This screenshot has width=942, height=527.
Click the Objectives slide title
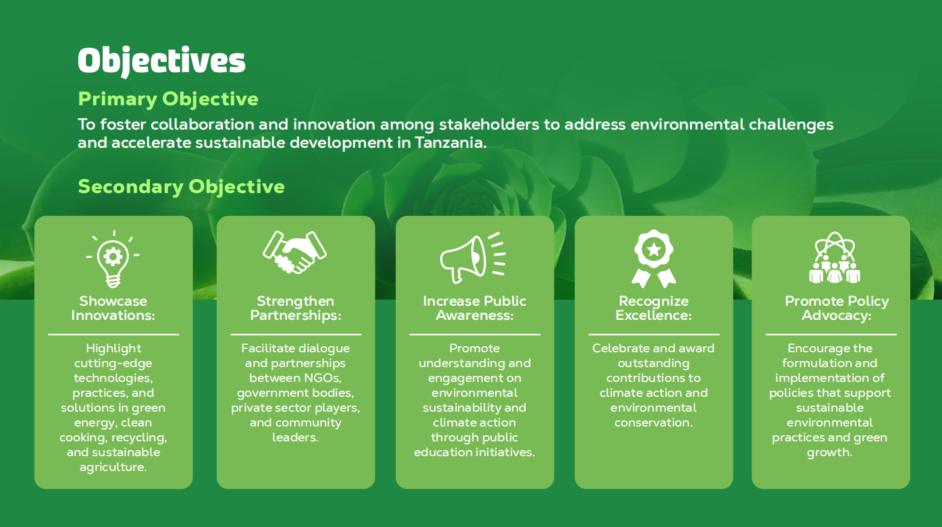pyautogui.click(x=161, y=61)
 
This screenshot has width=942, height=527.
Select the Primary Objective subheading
pyautogui.click(x=168, y=100)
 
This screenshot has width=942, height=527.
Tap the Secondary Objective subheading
pyautogui.click(x=181, y=187)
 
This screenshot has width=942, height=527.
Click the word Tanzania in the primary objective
pyautogui.click(x=450, y=143)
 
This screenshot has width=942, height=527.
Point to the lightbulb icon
pyautogui.click(x=113, y=258)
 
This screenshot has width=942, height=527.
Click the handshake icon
pyautogui.click(x=295, y=252)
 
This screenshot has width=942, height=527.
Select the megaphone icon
pyautogui.click(x=473, y=258)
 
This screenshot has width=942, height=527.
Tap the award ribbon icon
pyautogui.click(x=654, y=258)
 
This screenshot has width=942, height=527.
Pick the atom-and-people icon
pyautogui.click(x=835, y=257)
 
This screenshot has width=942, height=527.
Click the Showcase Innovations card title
pyautogui.click(x=113, y=308)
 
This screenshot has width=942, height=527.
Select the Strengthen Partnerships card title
pyautogui.click(x=296, y=308)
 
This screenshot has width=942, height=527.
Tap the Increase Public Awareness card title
pyautogui.click(x=474, y=308)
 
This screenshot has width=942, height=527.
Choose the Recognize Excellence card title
pyautogui.click(x=654, y=308)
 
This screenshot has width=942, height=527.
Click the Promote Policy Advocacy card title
pyautogui.click(x=837, y=308)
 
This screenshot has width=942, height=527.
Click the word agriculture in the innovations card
pyautogui.click(x=113, y=468)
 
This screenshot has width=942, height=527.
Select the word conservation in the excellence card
pyautogui.click(x=654, y=422)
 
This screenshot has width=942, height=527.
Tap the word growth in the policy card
pyautogui.click(x=830, y=453)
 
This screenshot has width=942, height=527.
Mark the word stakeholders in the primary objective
pyautogui.click(x=489, y=124)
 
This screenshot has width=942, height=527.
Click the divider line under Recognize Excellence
pyautogui.click(x=654, y=335)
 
